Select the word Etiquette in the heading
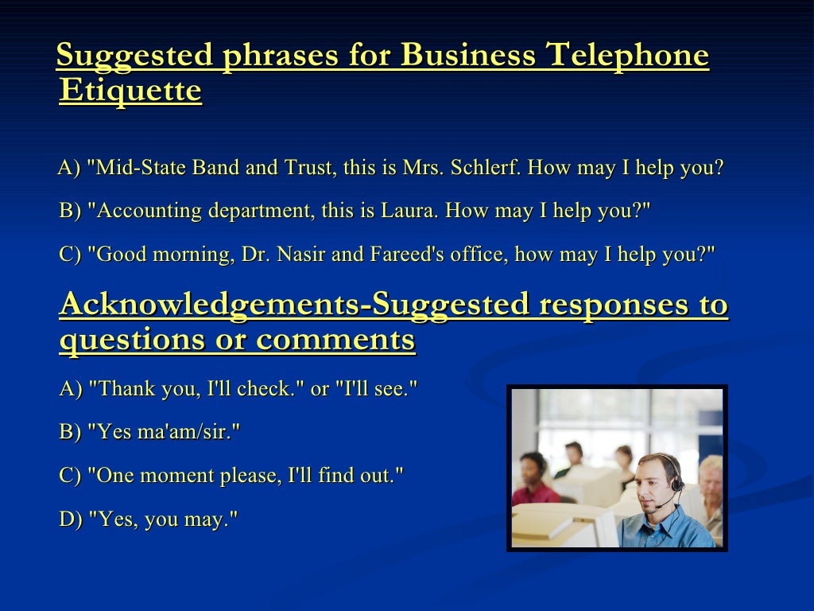130,91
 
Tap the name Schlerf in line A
485,169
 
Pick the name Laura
414,211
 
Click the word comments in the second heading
335,341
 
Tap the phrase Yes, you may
163,520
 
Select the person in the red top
533,481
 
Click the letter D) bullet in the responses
71,520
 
